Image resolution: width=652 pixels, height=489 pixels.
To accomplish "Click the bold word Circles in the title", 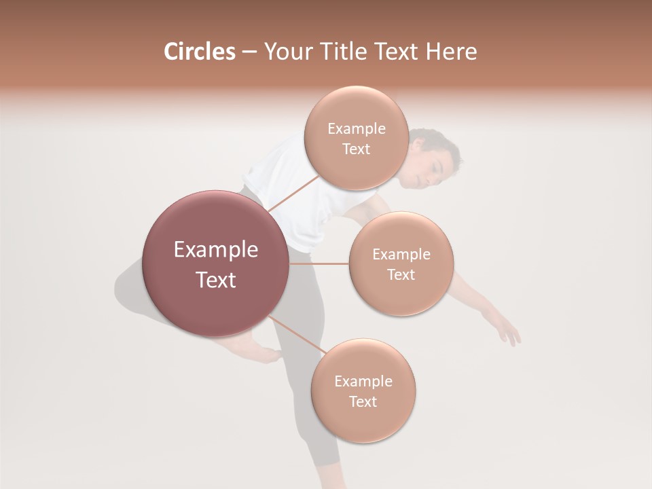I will point(199,52).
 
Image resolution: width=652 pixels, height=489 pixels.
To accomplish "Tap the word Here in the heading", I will point(451,52).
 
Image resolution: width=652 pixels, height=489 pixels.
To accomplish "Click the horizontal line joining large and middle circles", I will point(319,264).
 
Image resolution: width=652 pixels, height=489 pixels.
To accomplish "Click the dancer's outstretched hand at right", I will point(508,333).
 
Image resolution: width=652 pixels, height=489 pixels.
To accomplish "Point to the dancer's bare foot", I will point(261,353).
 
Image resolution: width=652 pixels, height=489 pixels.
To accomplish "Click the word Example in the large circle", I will point(216,250).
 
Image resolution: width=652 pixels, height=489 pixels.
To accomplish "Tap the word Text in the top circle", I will point(356,149).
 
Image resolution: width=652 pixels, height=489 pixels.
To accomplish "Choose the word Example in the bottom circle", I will point(363,381).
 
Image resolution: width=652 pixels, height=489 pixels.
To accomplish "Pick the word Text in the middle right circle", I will point(401,274).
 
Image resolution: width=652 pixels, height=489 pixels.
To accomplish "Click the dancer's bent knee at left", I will point(126,285).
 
